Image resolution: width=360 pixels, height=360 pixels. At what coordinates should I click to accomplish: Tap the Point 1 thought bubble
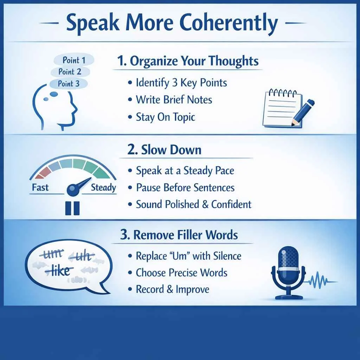(x=74, y=60)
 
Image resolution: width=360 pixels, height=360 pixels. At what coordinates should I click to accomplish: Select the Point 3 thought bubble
(x=69, y=84)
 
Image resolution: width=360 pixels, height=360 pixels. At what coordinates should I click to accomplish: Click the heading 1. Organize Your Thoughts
(x=188, y=61)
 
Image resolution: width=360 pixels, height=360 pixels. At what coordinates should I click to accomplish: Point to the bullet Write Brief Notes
(x=174, y=99)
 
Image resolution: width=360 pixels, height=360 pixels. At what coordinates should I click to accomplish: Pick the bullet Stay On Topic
(x=165, y=117)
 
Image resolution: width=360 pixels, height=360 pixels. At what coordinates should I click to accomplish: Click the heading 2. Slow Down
(x=165, y=150)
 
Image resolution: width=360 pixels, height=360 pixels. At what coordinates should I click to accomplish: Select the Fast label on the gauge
(x=40, y=187)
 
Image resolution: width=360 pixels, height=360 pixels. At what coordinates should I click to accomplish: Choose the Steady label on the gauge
(x=103, y=187)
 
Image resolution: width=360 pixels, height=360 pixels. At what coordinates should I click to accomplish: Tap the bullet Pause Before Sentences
(x=185, y=187)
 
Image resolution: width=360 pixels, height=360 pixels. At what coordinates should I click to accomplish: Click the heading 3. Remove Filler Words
(x=179, y=235)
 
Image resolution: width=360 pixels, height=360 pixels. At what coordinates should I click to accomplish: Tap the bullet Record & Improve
(x=172, y=289)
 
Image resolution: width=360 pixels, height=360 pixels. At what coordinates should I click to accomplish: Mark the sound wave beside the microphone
(x=322, y=281)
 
